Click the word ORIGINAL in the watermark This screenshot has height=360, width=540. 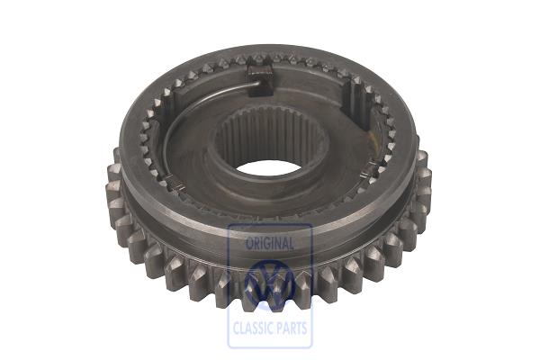tap(270, 244)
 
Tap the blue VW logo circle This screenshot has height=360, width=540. tap(270, 284)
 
